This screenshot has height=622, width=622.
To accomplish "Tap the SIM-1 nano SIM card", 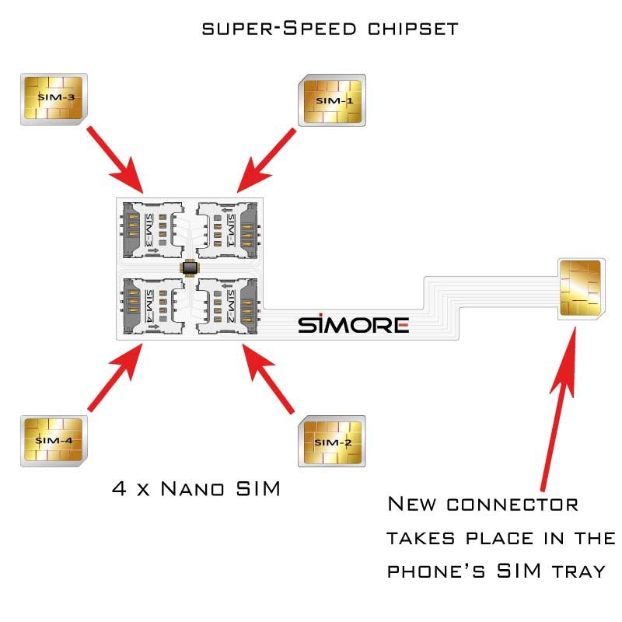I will [332, 100].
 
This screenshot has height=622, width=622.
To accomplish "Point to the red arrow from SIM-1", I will [266, 159].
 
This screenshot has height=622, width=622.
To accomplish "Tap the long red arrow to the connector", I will [559, 404].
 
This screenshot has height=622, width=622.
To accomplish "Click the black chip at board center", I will [190, 267].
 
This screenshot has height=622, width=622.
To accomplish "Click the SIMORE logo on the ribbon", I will [353, 324].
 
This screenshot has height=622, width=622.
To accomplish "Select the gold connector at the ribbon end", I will [579, 287].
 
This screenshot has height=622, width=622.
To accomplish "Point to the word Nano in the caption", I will [191, 490].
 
